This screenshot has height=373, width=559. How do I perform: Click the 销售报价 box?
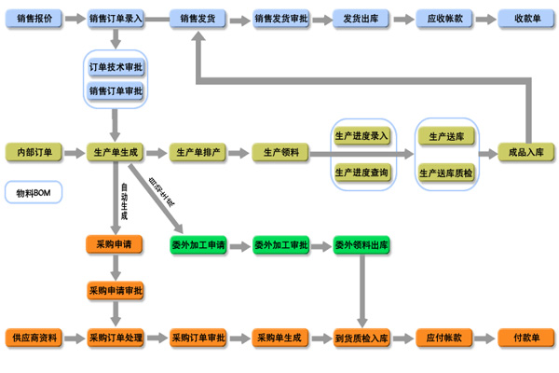coord(34,18)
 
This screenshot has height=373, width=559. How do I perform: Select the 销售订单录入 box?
coord(116,18)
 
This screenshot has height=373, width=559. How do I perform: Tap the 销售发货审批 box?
coord(280,18)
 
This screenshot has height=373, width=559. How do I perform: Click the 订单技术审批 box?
coord(116,68)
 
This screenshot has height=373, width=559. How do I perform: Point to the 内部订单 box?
coord(34,152)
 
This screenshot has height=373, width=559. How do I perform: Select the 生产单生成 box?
coord(116,152)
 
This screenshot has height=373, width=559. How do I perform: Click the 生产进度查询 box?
coord(361,173)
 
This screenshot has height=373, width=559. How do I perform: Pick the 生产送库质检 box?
coord(445,173)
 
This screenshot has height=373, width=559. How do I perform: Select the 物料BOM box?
coord(34,193)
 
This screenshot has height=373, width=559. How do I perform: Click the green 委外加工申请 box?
coord(198,245)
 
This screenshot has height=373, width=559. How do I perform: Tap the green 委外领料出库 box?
coord(361,245)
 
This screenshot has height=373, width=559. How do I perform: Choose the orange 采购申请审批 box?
coord(116,290)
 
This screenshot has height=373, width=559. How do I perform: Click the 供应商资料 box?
coord(34,337)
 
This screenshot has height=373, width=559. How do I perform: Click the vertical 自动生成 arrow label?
coord(123,201)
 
